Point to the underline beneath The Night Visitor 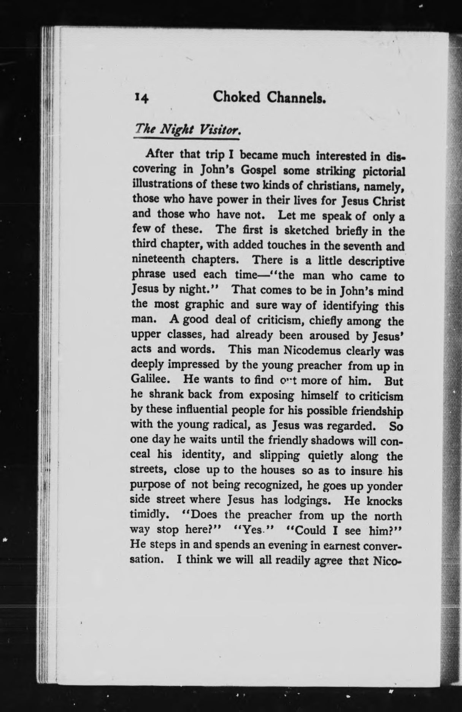(x=186, y=140)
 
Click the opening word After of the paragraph (x=160, y=154)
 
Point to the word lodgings (x=306, y=499)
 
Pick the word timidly (x=148, y=514)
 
